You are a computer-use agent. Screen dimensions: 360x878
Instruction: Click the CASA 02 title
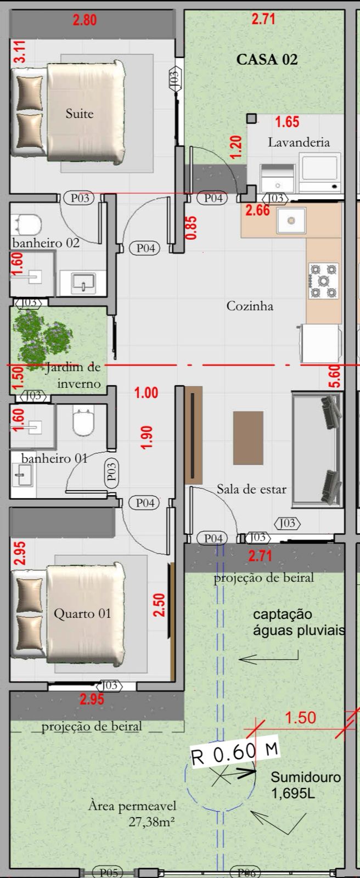click(x=267, y=60)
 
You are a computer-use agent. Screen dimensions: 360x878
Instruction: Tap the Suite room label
click(x=80, y=114)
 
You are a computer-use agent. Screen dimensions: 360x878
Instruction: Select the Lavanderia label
click(x=299, y=142)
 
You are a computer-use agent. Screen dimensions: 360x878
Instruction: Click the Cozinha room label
click(x=249, y=306)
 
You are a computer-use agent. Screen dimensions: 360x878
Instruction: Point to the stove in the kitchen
click(x=323, y=280)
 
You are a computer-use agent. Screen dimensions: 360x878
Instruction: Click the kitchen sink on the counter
click(x=291, y=220)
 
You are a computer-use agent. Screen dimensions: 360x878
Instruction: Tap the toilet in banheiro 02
click(x=27, y=224)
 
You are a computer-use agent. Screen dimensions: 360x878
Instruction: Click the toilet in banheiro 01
click(x=83, y=420)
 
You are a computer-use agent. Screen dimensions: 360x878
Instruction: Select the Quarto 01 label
click(x=82, y=614)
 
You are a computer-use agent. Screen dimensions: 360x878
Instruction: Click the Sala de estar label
click(x=251, y=489)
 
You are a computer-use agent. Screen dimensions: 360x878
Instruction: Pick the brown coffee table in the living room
click(x=248, y=437)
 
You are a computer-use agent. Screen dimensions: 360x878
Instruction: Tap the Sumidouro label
click(x=306, y=777)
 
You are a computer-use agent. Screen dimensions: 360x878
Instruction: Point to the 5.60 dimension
click(x=335, y=376)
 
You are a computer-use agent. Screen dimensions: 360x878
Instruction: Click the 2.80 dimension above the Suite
click(x=85, y=20)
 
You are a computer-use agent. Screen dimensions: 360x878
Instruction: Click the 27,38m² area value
click(x=152, y=821)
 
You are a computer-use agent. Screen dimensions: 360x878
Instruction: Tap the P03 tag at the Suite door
click(x=80, y=198)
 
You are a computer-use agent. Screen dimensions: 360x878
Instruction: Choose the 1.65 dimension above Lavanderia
click(x=287, y=122)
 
